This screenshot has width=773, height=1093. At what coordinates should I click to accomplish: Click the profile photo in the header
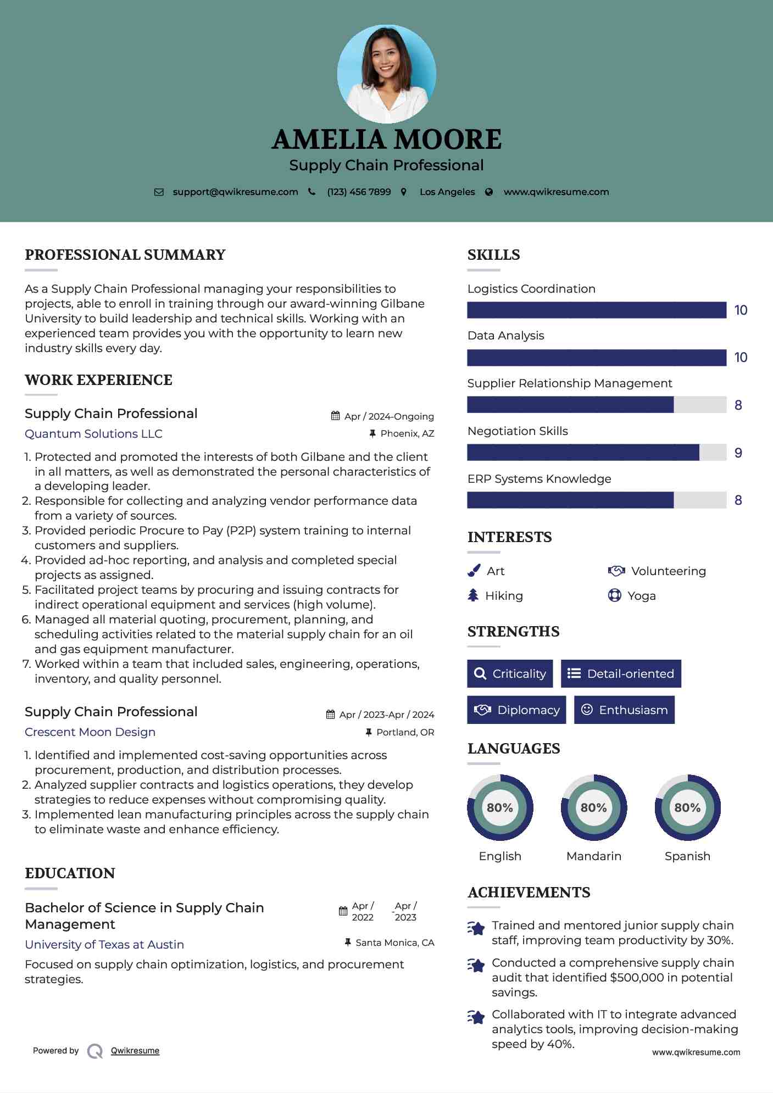(386, 74)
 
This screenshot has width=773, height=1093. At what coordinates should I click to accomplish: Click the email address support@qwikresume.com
(235, 192)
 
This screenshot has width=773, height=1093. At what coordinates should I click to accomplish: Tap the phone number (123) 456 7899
(359, 192)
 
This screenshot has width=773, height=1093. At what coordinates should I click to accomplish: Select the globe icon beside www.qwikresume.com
(489, 192)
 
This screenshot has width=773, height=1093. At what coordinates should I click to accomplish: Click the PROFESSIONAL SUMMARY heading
(125, 255)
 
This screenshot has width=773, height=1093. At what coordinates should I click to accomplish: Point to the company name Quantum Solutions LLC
(93, 434)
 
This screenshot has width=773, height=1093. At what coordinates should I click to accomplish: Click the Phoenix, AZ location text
(407, 433)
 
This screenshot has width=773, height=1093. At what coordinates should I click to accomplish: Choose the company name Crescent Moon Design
(90, 732)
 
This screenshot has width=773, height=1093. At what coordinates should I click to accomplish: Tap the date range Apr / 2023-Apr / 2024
(386, 715)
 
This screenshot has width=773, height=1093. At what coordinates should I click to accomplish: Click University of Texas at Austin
(104, 945)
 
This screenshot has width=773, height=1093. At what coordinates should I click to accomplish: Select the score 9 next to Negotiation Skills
(738, 453)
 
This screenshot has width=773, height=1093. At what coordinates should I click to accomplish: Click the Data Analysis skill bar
(597, 358)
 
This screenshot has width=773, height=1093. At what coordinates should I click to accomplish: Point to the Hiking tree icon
(473, 595)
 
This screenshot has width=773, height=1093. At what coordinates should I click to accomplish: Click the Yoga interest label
(642, 596)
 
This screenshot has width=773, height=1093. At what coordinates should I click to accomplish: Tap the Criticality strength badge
(510, 673)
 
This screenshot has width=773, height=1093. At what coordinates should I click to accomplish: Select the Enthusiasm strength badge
(624, 710)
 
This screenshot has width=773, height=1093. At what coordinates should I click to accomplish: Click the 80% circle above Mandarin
(594, 807)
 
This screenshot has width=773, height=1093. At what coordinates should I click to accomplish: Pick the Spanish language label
(687, 856)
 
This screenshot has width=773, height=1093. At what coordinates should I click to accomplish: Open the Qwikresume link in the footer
(135, 1051)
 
